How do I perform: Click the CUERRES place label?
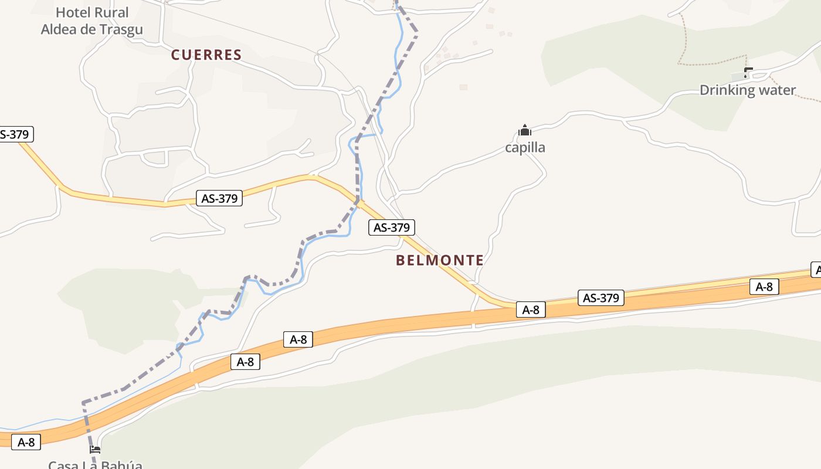point(206,55)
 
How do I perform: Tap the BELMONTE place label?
point(440,260)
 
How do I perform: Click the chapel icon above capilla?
point(525,130)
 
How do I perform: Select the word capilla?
point(525,147)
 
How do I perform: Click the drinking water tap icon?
point(748,73)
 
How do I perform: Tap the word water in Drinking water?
point(777,90)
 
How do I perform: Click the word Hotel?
point(74,12)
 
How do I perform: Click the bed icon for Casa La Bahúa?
point(94,450)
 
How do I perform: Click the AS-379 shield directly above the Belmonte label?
point(392,227)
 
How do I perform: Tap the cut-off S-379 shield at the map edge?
point(15,134)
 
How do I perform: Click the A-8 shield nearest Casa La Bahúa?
point(26,442)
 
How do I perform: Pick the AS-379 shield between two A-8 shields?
point(601,298)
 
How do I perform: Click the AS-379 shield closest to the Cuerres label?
point(219,198)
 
